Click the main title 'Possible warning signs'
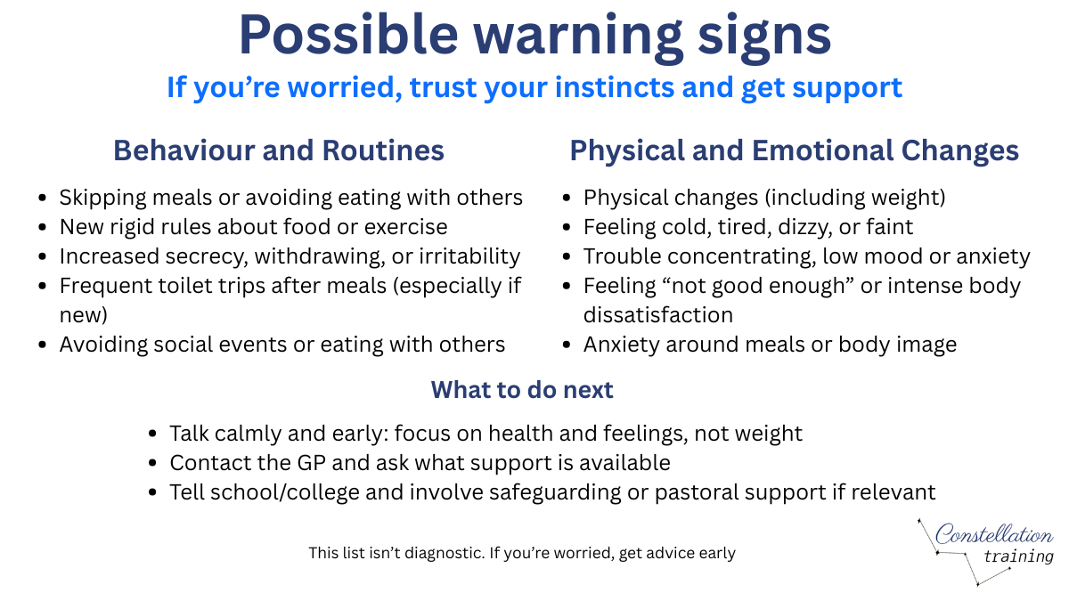point(534,36)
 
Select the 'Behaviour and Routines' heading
point(278,150)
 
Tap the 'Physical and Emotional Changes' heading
point(794,150)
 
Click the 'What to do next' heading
point(522,390)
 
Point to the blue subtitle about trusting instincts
point(534,87)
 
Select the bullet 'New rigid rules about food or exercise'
point(253,227)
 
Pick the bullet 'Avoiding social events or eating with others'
point(282,345)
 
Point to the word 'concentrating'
point(750,256)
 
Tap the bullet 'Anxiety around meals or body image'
point(770,345)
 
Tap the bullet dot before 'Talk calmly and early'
point(153,435)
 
